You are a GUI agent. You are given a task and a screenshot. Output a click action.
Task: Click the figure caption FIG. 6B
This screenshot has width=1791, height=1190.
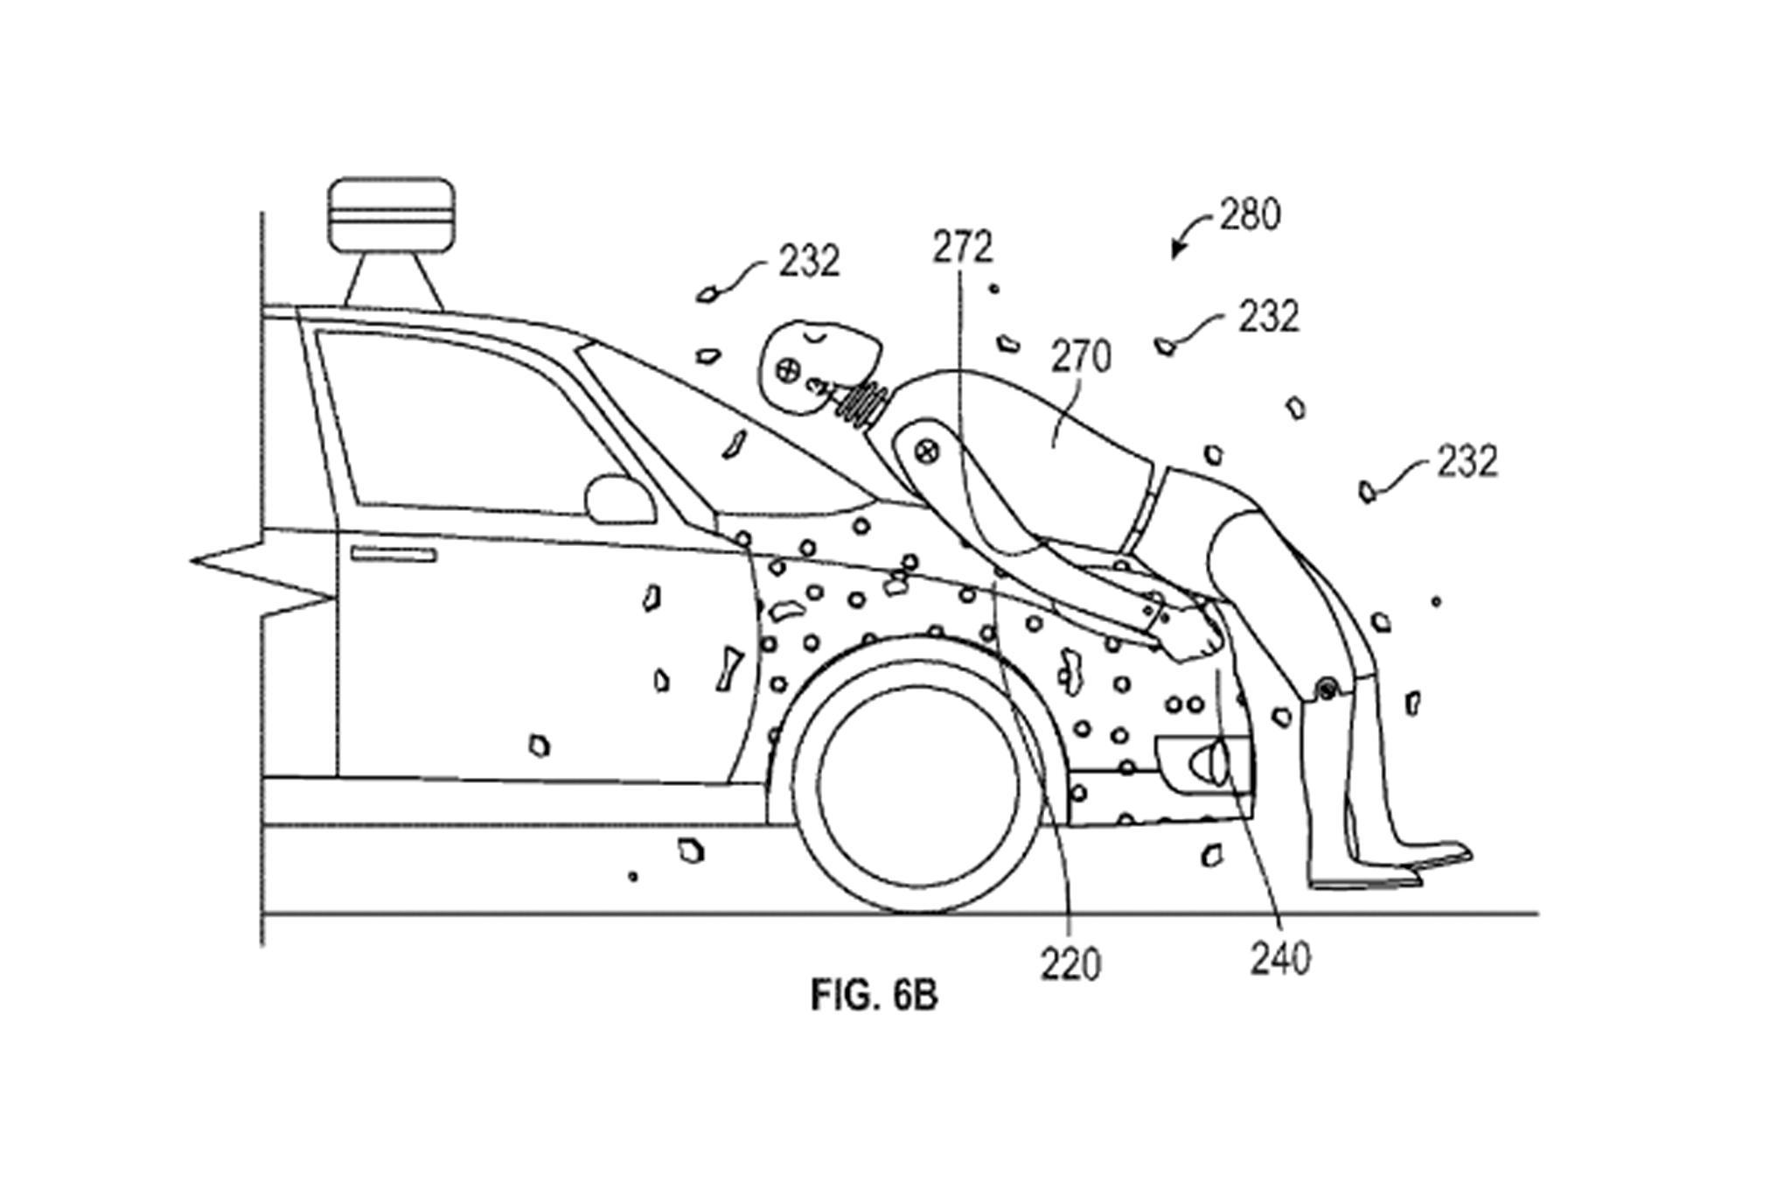coord(874,996)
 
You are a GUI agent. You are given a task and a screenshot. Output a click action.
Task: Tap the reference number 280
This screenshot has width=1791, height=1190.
coord(1250,214)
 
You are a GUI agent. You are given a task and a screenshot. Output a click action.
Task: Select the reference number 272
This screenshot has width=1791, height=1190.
coord(962,248)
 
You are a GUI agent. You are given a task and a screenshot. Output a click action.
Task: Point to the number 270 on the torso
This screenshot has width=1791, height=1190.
coord(1081,358)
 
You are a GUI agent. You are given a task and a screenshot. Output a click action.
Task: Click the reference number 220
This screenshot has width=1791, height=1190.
coord(1070,964)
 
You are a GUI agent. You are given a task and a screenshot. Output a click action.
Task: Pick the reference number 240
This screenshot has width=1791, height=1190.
coord(1280,959)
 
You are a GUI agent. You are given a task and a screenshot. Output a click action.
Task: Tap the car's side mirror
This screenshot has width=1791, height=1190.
coord(619,500)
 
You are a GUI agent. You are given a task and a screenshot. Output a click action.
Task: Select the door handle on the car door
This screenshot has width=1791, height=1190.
coord(394,554)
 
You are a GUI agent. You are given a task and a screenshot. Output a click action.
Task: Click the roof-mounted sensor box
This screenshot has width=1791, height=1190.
coord(392,213)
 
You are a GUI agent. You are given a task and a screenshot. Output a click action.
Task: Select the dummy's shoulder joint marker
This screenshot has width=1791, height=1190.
coord(926,451)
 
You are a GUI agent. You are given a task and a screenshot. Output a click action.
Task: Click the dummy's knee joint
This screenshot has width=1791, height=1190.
coord(1327,690)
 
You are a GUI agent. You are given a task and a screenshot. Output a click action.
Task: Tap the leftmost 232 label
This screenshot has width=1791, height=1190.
coord(809,261)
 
